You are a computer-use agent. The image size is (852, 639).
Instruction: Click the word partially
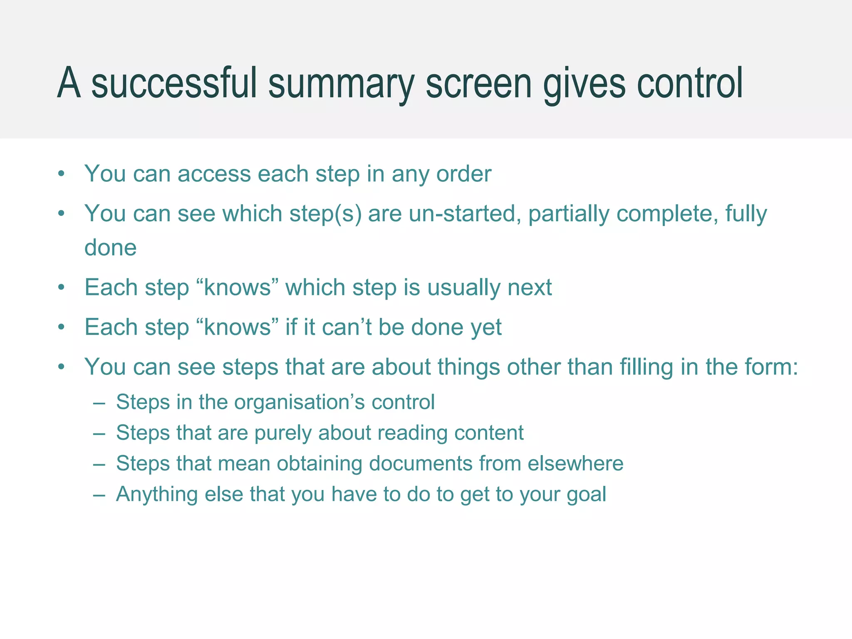[x=569, y=214]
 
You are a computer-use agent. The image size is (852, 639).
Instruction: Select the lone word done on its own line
[x=110, y=248]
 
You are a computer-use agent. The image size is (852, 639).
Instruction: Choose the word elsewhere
[x=575, y=464]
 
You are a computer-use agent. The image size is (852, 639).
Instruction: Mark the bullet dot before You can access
[x=62, y=174]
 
